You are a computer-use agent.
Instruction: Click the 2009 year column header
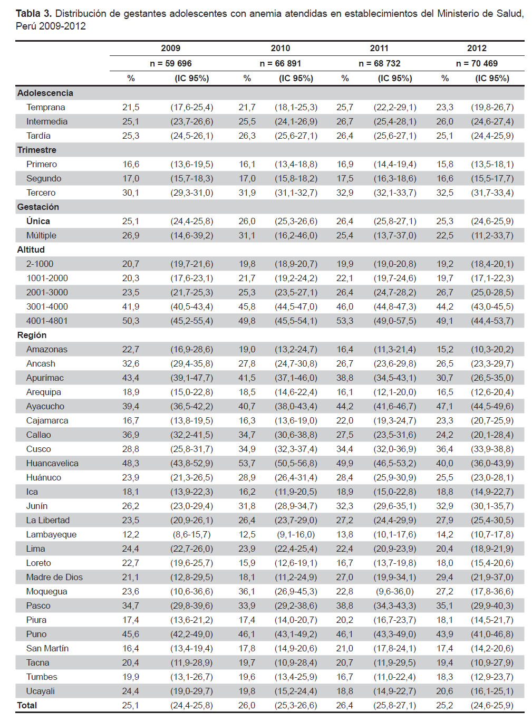click(170, 48)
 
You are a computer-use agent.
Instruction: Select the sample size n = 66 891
click(280, 63)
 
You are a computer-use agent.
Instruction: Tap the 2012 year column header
click(477, 48)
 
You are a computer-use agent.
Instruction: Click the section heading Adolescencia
click(45, 93)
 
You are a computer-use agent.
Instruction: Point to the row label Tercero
click(41, 193)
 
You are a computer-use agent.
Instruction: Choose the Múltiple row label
click(41, 235)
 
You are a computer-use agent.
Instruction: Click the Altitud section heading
click(31, 249)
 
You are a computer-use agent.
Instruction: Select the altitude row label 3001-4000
click(47, 306)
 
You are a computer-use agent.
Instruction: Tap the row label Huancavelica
click(52, 463)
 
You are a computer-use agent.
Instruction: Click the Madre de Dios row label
click(54, 577)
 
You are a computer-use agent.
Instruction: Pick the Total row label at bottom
click(27, 705)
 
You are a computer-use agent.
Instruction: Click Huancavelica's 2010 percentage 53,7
click(247, 463)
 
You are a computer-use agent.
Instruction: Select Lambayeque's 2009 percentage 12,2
click(131, 534)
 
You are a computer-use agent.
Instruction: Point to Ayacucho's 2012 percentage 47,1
click(444, 406)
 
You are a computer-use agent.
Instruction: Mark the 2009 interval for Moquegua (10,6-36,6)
click(192, 591)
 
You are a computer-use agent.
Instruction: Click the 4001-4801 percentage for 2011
click(345, 321)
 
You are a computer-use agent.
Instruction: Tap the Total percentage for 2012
click(444, 705)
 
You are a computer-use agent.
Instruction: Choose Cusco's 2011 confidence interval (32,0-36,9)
click(395, 449)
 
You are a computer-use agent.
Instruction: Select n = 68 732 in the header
click(379, 63)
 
